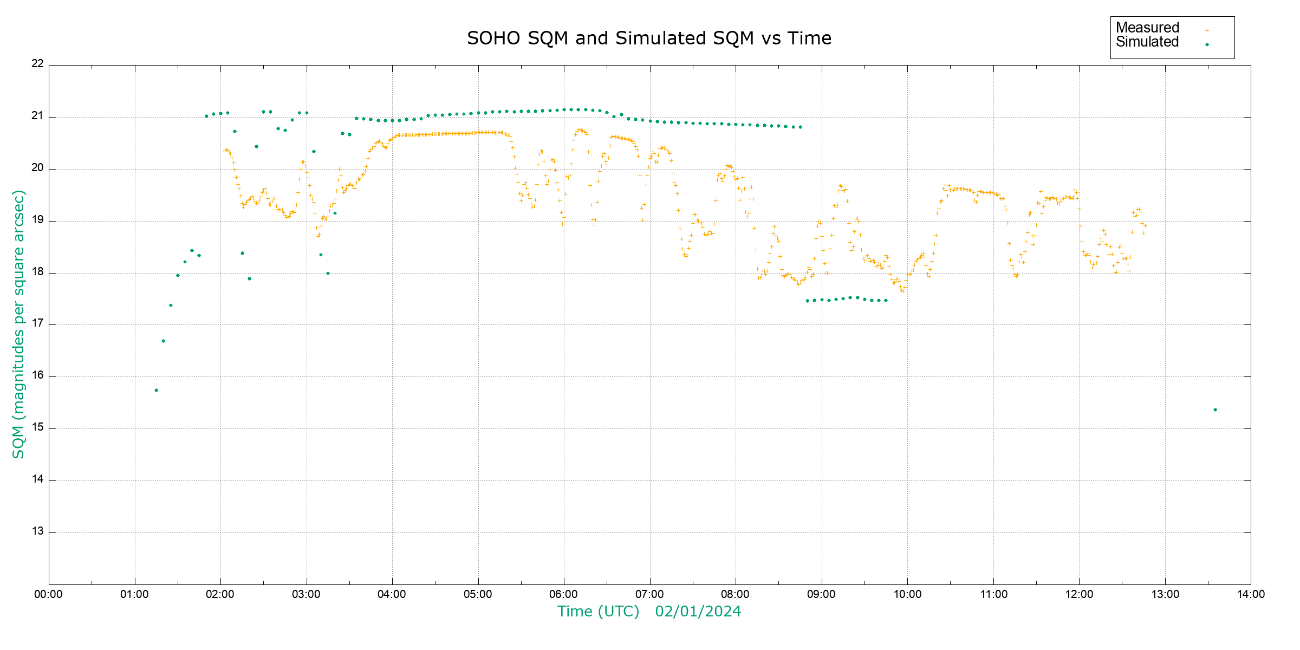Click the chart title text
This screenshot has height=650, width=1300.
tap(649, 38)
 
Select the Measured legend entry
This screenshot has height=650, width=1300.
tap(1147, 28)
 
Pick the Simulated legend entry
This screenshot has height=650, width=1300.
tap(1147, 42)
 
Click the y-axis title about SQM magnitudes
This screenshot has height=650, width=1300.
tap(18, 324)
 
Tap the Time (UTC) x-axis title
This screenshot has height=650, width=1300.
tap(598, 612)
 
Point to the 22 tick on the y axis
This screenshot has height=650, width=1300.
tap(37, 63)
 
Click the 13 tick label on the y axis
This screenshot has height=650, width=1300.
tap(37, 531)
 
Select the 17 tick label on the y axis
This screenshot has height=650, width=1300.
tap(37, 324)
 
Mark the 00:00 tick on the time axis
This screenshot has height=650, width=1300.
tap(49, 594)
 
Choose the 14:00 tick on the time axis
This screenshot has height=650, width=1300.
tap(1251, 594)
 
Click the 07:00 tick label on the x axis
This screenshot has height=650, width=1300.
tap(649, 594)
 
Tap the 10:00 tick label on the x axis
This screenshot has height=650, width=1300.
tap(907, 594)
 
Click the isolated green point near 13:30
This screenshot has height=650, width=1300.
tap(1215, 410)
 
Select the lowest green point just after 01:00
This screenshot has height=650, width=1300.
tap(156, 391)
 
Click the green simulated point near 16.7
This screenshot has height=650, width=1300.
tap(163, 341)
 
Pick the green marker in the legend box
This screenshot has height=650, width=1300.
tap(1207, 44)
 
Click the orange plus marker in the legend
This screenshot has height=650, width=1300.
tap(1207, 30)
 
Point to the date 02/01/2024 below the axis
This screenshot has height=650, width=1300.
tap(698, 612)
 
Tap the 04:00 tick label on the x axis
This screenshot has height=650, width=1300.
tap(392, 594)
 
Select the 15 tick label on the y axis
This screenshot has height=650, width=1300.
tap(37, 427)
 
